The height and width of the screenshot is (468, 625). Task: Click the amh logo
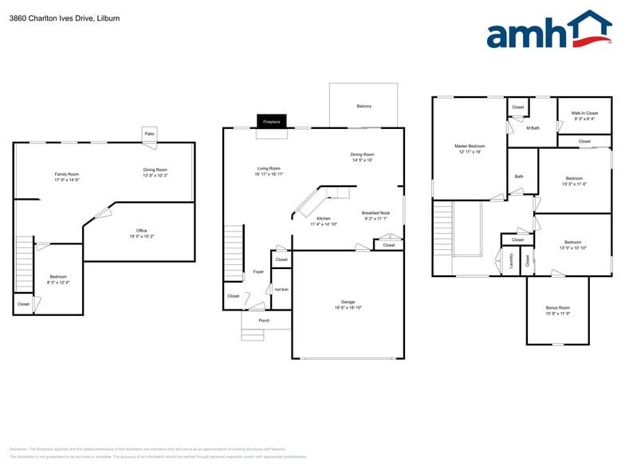coord(548,32)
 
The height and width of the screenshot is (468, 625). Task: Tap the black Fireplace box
coord(271,122)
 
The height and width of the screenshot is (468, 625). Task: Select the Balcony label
coord(364,106)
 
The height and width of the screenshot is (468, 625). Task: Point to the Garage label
coord(348,302)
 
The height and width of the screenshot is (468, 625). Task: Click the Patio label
coord(149,134)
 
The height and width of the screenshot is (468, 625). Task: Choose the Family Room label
coord(67,174)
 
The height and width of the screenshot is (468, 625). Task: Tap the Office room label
coord(141,231)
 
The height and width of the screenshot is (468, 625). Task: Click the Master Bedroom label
coord(470,146)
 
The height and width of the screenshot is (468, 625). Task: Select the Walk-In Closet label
coord(584,114)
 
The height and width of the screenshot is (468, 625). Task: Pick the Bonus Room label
coord(557,307)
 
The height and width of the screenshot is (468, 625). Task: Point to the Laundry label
coord(511,260)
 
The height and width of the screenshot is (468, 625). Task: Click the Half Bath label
coord(281,289)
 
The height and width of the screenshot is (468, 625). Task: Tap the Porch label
coord(264,320)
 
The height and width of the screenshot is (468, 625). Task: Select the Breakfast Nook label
coord(375,213)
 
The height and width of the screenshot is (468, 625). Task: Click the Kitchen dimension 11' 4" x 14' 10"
coord(324,224)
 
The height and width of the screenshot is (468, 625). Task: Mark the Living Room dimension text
coord(269,174)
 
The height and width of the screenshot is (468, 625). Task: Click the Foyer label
coord(258,271)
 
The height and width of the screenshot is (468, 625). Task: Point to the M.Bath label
coord(533,127)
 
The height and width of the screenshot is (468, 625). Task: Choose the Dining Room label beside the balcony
coord(362,154)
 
